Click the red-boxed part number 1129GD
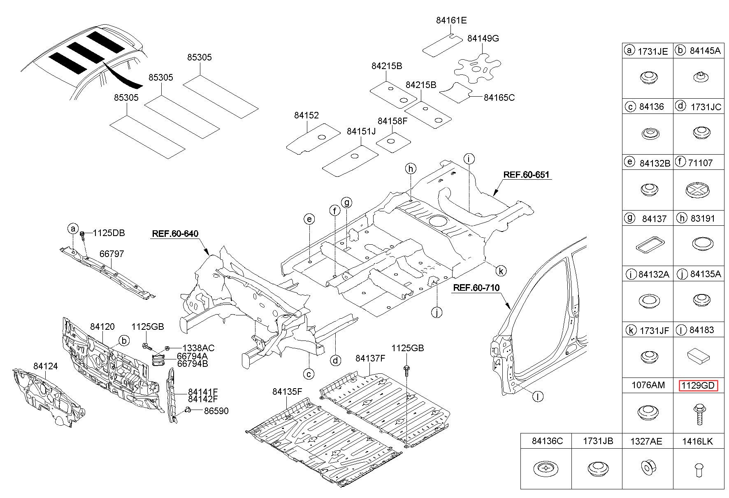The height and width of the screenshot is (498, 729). tap(699, 386)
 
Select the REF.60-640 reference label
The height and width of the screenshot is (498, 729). tap(175, 234)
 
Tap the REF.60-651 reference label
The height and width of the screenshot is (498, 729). tap(526, 174)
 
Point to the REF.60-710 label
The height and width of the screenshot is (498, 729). tap(476, 287)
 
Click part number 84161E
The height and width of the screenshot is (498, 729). tap(451, 21)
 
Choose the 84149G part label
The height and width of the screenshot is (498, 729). tap(483, 39)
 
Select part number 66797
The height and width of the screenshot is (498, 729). tap(111, 254)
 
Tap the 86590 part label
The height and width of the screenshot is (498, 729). tap(216, 411)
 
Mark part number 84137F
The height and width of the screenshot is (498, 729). tap(370, 359)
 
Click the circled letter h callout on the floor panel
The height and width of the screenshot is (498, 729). tap(410, 168)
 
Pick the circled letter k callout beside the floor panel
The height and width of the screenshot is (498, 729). tap(501, 271)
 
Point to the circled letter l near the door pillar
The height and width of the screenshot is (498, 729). tap(538, 396)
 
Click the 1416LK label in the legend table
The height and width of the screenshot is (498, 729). tap(698, 441)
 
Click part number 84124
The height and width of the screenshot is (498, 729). tap(46, 366)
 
